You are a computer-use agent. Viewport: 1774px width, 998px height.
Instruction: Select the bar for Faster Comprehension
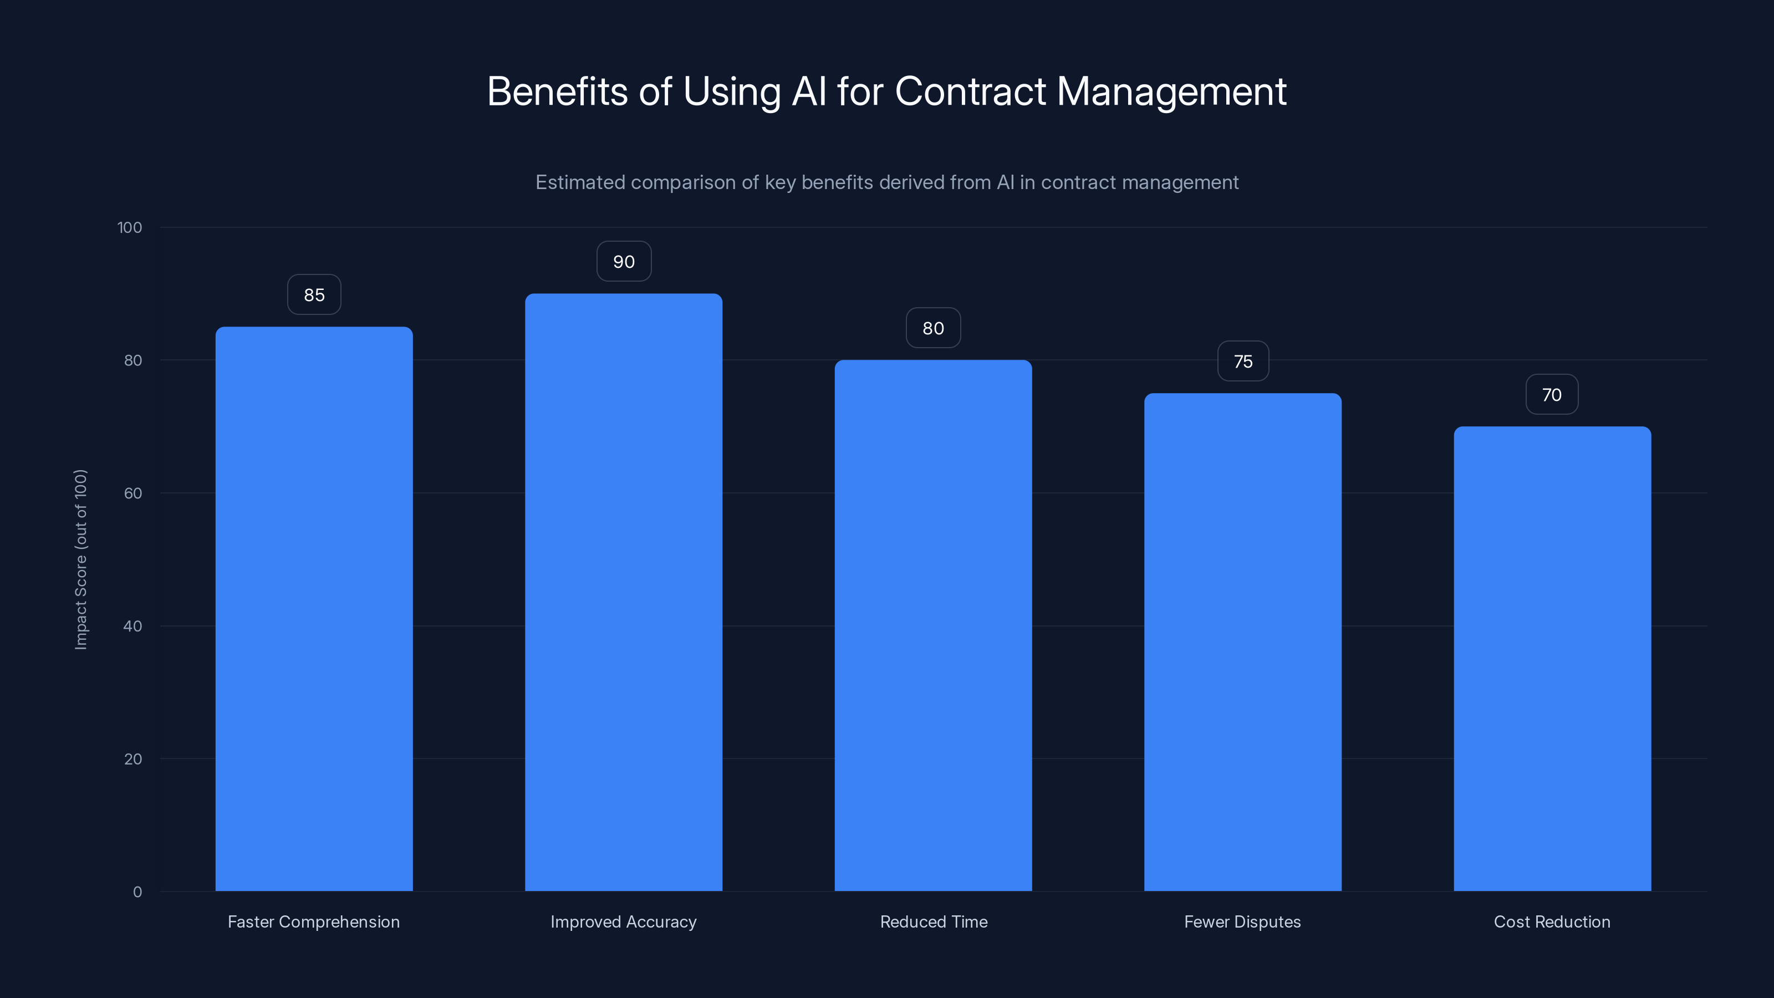pos(314,609)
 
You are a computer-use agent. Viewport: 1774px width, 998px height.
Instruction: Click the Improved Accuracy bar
pos(623,592)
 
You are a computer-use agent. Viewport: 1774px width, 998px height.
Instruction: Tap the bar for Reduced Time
pos(933,625)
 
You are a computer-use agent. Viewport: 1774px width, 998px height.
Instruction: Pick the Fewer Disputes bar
pos(1242,642)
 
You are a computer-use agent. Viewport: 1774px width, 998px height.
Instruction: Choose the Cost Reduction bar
pos(1552,659)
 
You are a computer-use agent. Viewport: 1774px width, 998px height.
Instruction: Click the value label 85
pos(314,295)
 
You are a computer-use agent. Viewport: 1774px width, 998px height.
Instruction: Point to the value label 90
pos(623,262)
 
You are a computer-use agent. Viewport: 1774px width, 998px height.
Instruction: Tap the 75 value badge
pos(1243,361)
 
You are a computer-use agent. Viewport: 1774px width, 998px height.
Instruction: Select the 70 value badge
pos(1552,395)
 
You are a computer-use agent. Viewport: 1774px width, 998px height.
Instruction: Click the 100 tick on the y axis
pos(130,227)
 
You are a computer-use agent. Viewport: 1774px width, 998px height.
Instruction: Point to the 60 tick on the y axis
pos(133,493)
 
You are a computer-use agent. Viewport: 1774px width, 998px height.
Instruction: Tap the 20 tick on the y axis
pos(133,759)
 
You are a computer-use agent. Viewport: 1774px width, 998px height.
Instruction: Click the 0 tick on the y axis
pos(137,892)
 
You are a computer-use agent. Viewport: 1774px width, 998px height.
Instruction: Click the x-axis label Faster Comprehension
pos(313,921)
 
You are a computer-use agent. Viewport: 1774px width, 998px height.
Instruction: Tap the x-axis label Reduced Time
pos(933,921)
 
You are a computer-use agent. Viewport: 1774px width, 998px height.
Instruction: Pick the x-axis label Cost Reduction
pos(1552,921)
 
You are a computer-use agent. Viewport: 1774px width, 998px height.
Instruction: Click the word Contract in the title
pos(970,91)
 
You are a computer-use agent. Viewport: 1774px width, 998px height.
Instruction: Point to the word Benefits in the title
pos(557,91)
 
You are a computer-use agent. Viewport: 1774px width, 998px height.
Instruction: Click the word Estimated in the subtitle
pos(580,182)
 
